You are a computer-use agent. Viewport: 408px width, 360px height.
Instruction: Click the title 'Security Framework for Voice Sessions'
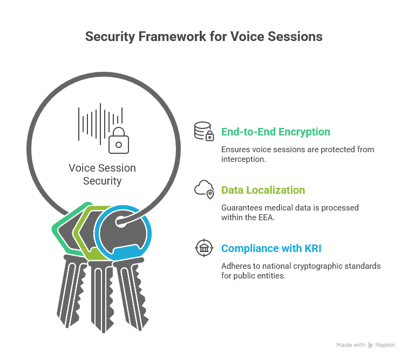click(x=204, y=37)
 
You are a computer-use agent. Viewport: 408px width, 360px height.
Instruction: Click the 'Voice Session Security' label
click(x=102, y=174)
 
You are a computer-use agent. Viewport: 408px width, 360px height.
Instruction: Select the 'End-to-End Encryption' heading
click(x=276, y=132)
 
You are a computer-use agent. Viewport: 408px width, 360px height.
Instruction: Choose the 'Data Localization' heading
click(x=263, y=190)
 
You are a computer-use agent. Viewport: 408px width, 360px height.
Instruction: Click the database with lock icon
click(x=204, y=132)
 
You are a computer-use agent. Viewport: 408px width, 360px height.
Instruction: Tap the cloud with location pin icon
click(x=204, y=189)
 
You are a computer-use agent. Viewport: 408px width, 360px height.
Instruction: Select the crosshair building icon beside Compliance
click(x=204, y=248)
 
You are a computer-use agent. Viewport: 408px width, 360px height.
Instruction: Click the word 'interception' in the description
click(x=243, y=159)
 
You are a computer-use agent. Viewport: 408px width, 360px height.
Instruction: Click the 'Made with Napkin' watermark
click(x=366, y=345)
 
